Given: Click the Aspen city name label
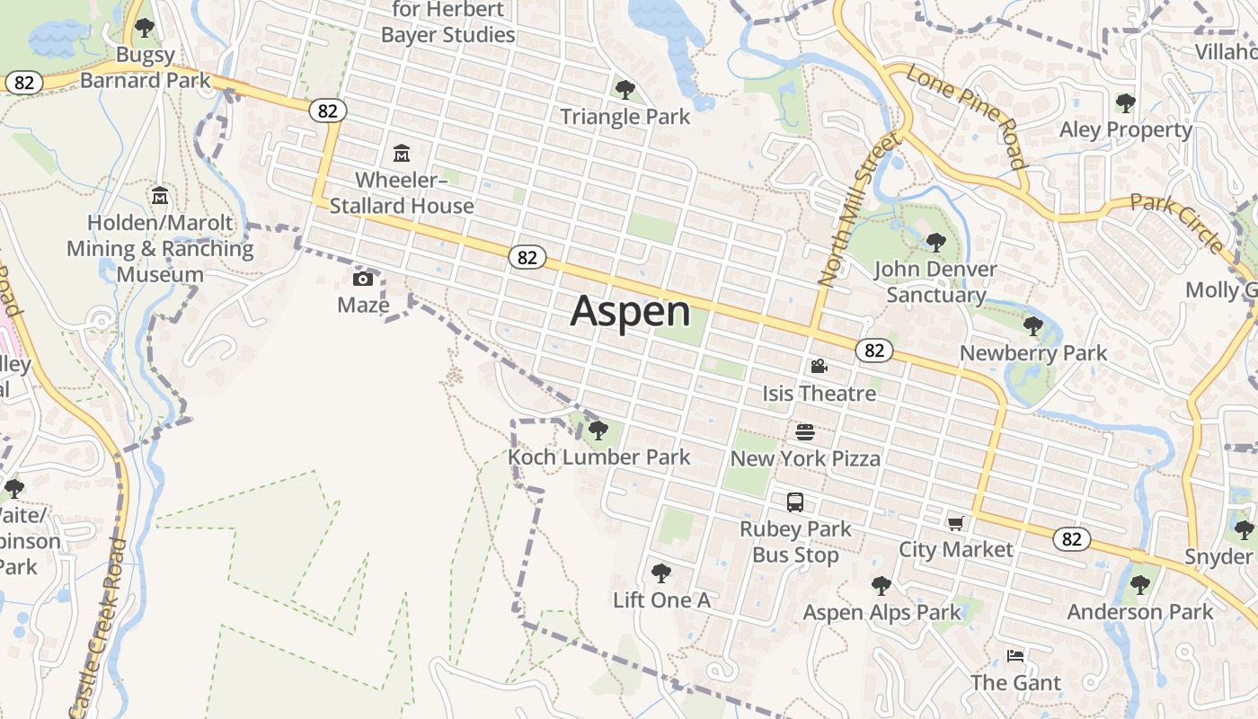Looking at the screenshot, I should click(x=631, y=311).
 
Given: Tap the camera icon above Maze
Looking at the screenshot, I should click(x=363, y=279).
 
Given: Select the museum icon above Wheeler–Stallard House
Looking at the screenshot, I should click(x=402, y=154).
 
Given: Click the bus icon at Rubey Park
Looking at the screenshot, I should click(x=795, y=502).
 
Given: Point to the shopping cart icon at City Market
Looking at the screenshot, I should click(x=955, y=523).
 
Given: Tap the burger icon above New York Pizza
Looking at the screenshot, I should click(x=805, y=432).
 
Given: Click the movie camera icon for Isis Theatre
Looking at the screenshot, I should click(x=819, y=367).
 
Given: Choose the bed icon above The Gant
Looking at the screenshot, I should click(x=1015, y=656).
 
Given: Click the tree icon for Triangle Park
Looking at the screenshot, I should click(x=625, y=90).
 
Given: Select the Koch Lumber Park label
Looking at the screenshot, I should click(x=599, y=457).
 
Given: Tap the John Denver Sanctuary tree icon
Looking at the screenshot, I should click(x=935, y=243).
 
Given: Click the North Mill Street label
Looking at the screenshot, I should click(x=858, y=209).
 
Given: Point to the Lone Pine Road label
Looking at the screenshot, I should click(x=967, y=116).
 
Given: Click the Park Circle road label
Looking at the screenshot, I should click(x=1176, y=221).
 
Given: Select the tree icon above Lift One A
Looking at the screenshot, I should click(x=661, y=573).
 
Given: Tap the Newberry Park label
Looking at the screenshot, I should click(x=1033, y=353).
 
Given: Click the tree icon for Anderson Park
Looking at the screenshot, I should click(x=1140, y=585).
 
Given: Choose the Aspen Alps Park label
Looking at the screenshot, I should click(x=881, y=613).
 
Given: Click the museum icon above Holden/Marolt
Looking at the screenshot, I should click(x=160, y=195).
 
